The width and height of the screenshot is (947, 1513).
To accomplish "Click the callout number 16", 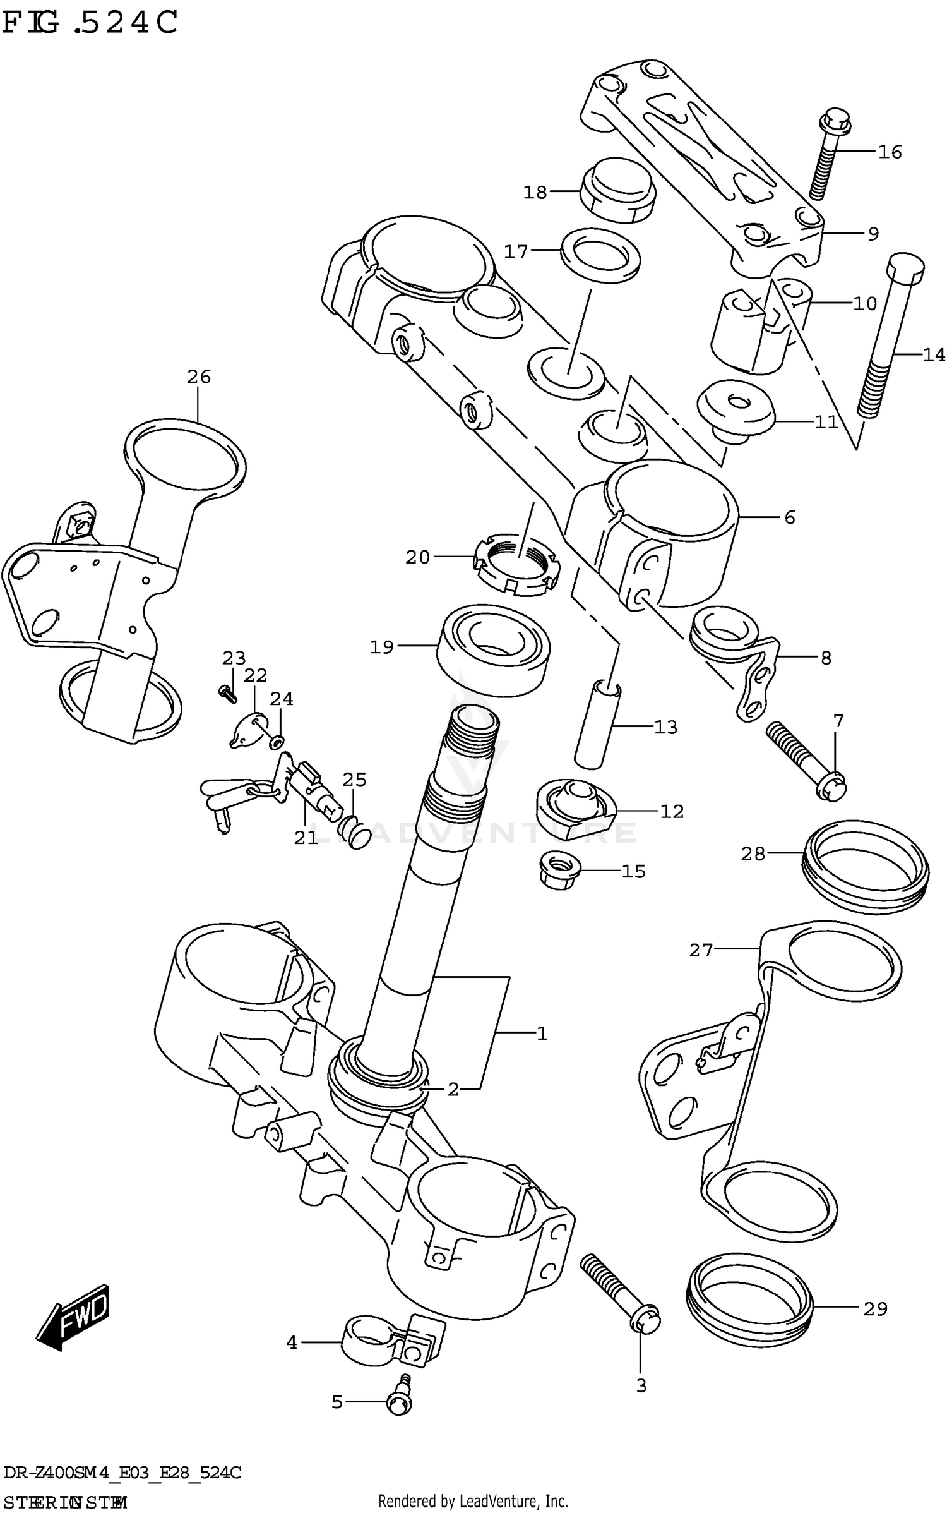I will click(x=890, y=152).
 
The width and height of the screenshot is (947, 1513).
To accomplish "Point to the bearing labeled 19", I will click(x=493, y=650).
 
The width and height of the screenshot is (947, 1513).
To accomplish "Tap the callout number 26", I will click(x=198, y=377).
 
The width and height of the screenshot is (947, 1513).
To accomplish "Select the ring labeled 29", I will click(x=749, y=1303).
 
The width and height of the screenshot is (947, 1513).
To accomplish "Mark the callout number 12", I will click(x=672, y=812).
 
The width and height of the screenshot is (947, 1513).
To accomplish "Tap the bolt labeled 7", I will click(x=806, y=763).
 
